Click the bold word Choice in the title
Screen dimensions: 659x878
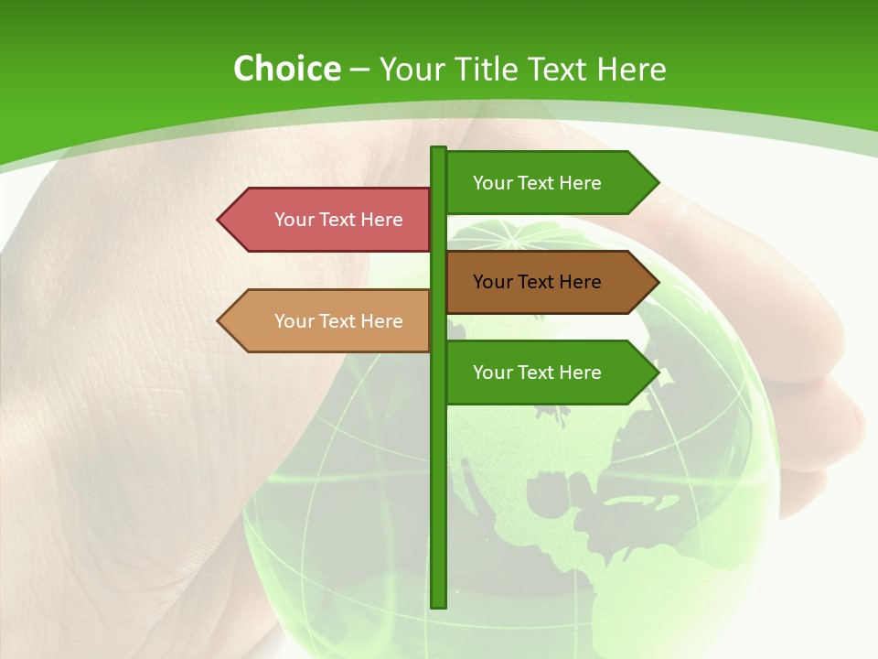[286, 69]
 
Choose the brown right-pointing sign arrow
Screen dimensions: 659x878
[549, 282]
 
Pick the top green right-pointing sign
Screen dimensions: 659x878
[549, 183]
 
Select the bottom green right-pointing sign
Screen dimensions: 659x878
[549, 373]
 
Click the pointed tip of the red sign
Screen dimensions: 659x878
[220, 220]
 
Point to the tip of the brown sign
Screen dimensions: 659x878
[656, 282]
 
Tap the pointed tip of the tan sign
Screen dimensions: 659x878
[220, 321]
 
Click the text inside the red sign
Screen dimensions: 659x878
[338, 220]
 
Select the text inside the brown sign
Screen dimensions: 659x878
[537, 282]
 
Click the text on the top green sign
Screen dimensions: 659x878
[537, 183]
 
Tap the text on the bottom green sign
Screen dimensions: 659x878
[537, 373]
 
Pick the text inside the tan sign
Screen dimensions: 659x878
[338, 321]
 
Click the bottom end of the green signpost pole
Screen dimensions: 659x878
[438, 603]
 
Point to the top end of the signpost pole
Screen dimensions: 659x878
[438, 150]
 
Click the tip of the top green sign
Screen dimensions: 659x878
[656, 183]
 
